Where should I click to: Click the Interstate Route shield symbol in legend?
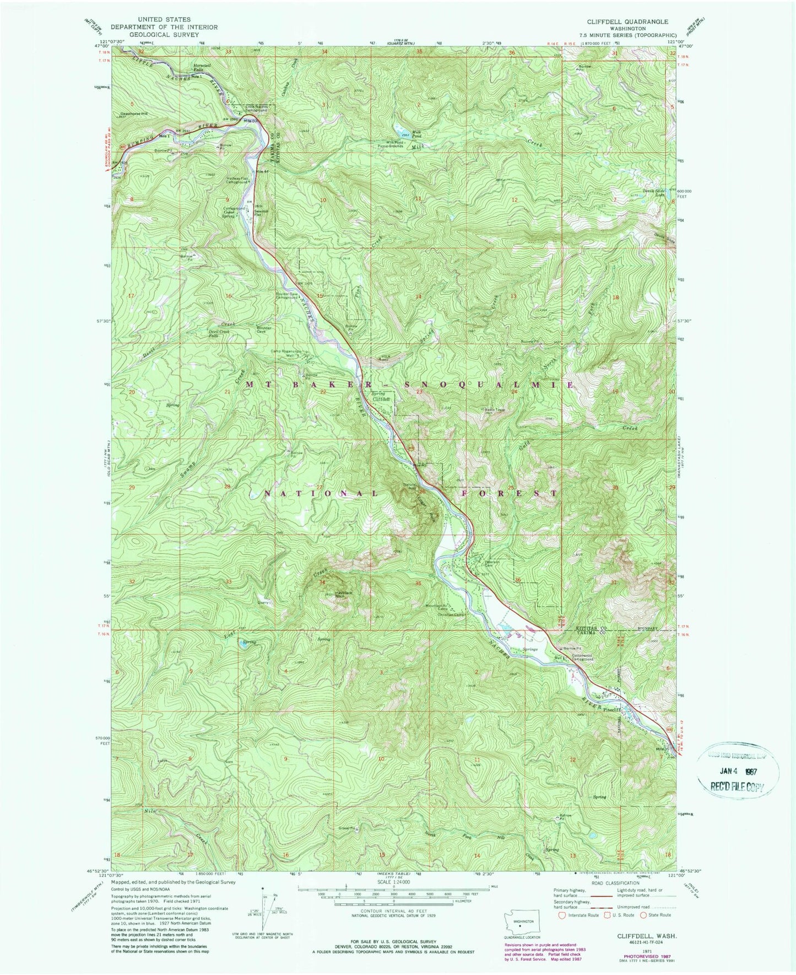coord(562,915)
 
